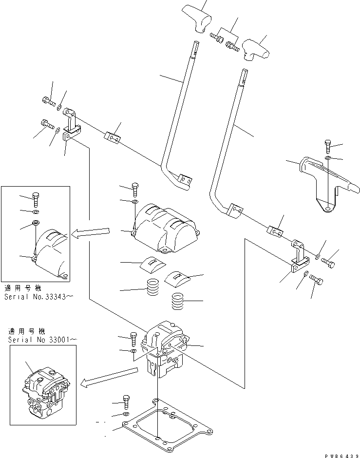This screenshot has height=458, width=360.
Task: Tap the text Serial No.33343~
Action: click(39, 296)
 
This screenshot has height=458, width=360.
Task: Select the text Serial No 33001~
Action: click(41, 338)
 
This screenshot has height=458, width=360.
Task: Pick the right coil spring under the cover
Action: click(180, 303)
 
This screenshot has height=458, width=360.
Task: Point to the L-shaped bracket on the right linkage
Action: click(298, 256)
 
